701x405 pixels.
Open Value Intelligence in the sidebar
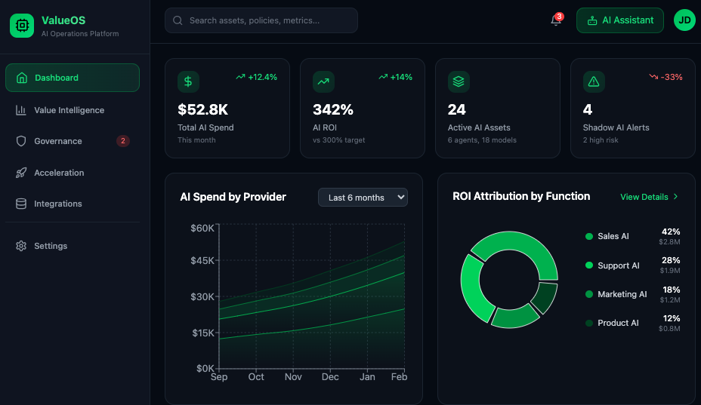coord(69,110)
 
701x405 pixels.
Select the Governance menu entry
coord(57,141)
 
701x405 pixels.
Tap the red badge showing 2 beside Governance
coord(123,141)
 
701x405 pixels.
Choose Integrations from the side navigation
coord(57,204)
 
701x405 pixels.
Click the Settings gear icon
coord(21,246)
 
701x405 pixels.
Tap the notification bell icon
coord(556,21)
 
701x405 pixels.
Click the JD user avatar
coord(684,20)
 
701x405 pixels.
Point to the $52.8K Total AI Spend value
coord(202,109)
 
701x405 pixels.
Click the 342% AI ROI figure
coord(333,109)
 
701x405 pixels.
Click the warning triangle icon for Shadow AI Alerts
coord(594,81)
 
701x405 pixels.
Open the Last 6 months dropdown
coord(363,198)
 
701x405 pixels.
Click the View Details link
coord(649,197)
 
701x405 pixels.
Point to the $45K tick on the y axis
coord(202,261)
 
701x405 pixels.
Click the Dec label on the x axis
coord(330,376)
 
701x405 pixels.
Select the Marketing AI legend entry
coord(622,294)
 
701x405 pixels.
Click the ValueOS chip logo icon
coord(22,26)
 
